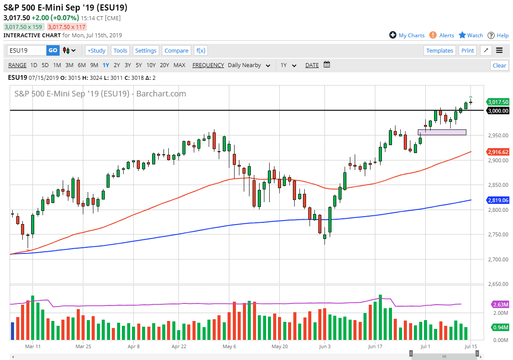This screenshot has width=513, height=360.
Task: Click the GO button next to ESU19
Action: coord(53,50)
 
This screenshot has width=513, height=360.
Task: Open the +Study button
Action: coord(96,50)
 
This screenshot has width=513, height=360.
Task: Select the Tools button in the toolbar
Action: coord(120,50)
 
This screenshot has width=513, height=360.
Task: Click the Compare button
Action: coord(176,50)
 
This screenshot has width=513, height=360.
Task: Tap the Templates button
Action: coord(440,50)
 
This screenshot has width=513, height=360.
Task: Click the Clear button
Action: coord(499,65)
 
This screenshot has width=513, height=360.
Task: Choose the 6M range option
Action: coord(82,65)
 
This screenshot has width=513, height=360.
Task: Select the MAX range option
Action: coord(179,65)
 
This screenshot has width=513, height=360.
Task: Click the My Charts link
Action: coord(407,35)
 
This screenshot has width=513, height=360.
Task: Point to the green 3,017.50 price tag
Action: coord(498,102)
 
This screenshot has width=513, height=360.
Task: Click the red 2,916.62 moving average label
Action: coord(498,152)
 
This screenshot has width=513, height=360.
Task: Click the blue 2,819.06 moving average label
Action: coord(498,200)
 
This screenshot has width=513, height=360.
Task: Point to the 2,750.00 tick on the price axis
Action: coord(497,235)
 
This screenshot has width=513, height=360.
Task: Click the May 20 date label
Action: coord(279,346)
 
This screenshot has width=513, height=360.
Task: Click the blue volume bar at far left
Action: coord(13,331)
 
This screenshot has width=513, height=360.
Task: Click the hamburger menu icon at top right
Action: coord(499,50)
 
